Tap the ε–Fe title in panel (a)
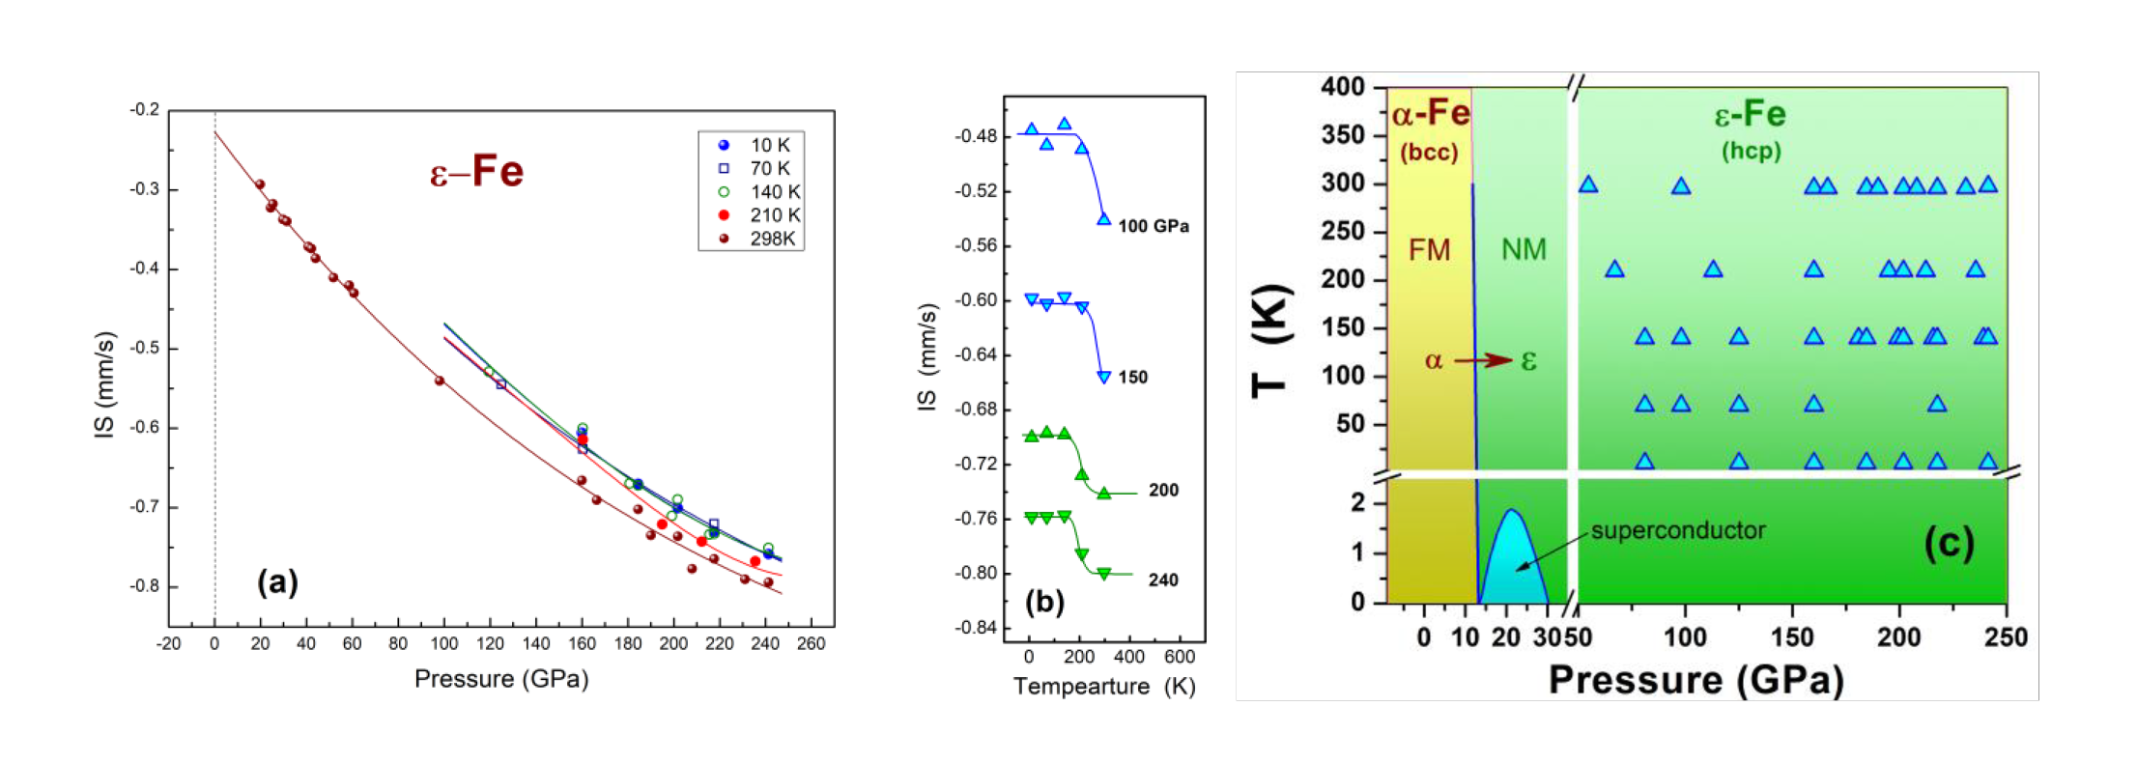pos(476,172)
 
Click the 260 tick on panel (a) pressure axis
pos(811,644)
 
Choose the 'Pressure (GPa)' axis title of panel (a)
pos(501,679)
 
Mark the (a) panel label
pos(277,581)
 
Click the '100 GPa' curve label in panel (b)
pos(1154,226)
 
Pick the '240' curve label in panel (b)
pos(1163,580)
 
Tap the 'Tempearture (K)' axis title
pos(1103,687)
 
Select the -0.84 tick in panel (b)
pos(976,628)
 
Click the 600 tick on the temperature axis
pos(1180,658)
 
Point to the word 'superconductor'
pos(1678,530)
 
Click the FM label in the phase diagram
pos(1429,250)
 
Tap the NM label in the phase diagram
pos(1524,250)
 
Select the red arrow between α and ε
pos(1483,361)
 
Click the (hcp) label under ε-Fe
pos(1751,151)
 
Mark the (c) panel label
pos(1949,543)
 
